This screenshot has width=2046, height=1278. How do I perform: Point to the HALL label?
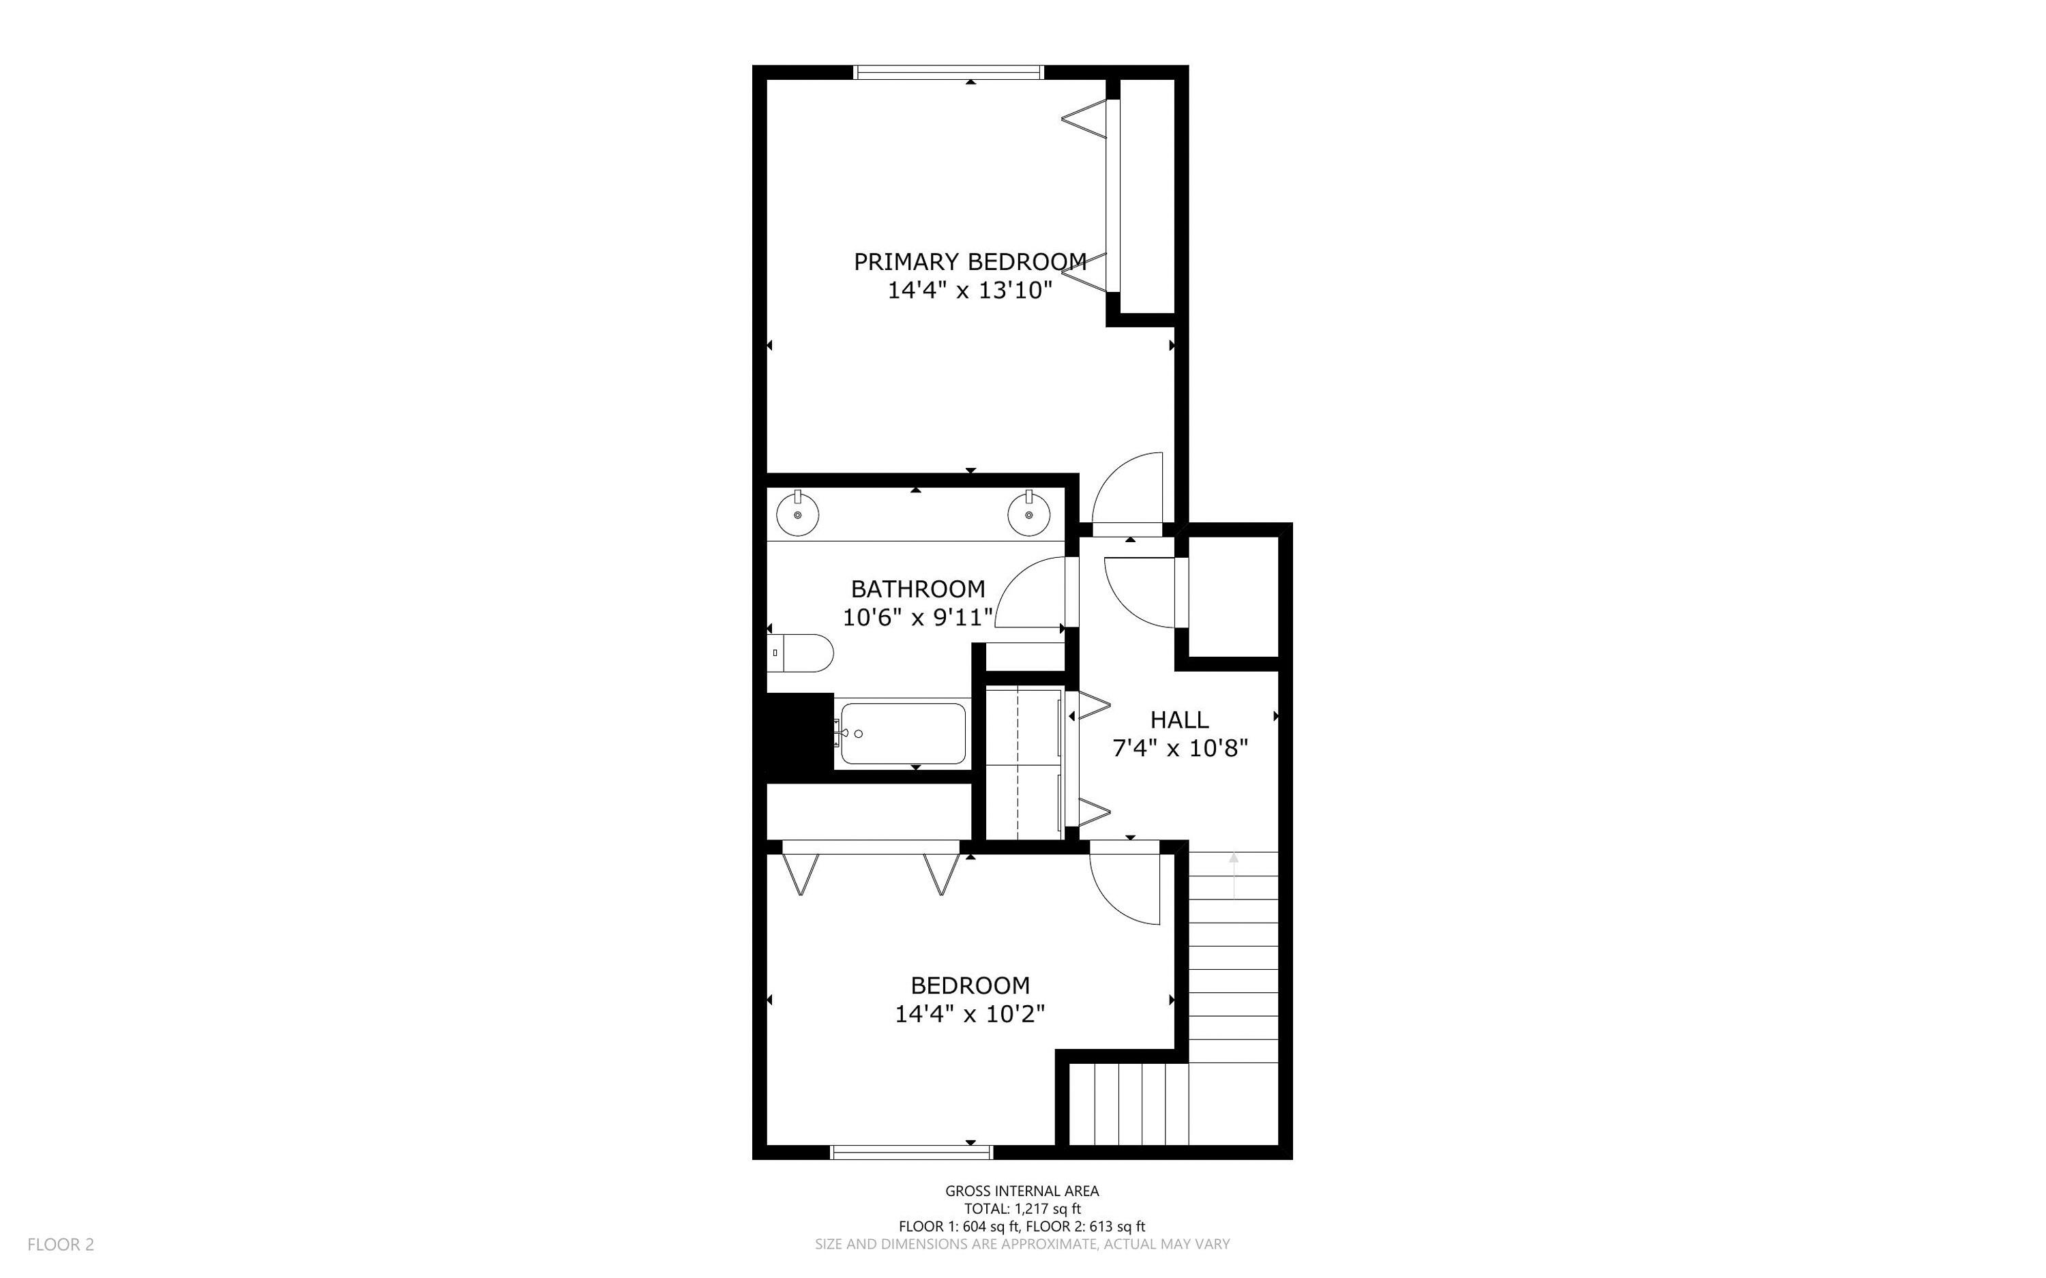[x=1179, y=719]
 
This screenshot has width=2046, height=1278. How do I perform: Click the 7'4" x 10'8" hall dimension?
[x=1180, y=748]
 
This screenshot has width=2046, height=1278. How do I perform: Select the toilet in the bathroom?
[x=803, y=653]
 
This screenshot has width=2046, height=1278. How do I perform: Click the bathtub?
[x=902, y=733]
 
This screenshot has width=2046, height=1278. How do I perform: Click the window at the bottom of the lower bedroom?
[x=911, y=1151]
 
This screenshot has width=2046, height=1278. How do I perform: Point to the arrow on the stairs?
[x=1233, y=874]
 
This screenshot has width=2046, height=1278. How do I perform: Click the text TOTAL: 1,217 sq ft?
[x=1022, y=1208]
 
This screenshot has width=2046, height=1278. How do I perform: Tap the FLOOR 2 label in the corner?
[x=61, y=1244]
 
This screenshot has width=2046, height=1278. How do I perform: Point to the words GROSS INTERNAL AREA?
[x=1022, y=1191]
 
